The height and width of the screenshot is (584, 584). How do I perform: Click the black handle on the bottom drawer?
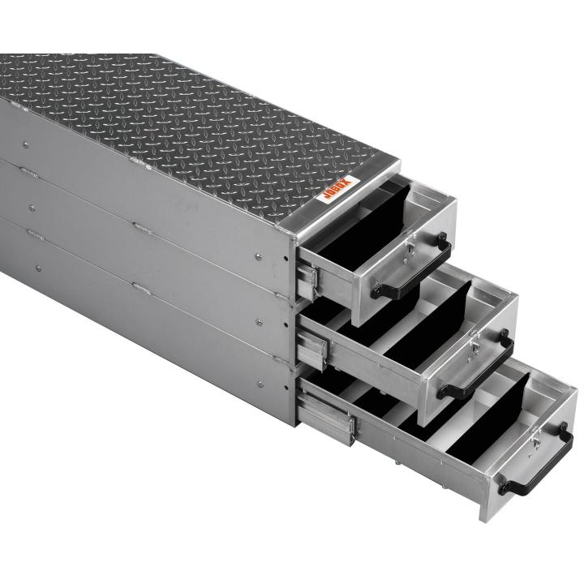pyautogui.click(x=538, y=461)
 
